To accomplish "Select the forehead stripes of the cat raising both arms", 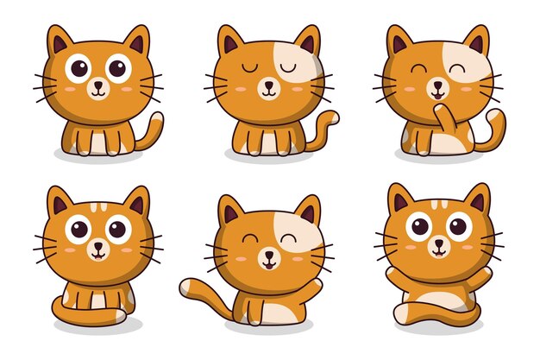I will point(438,205).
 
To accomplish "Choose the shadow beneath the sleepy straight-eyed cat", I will point(267,156).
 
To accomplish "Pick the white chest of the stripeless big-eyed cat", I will point(97,138).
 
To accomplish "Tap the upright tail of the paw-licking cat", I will point(495,129).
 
